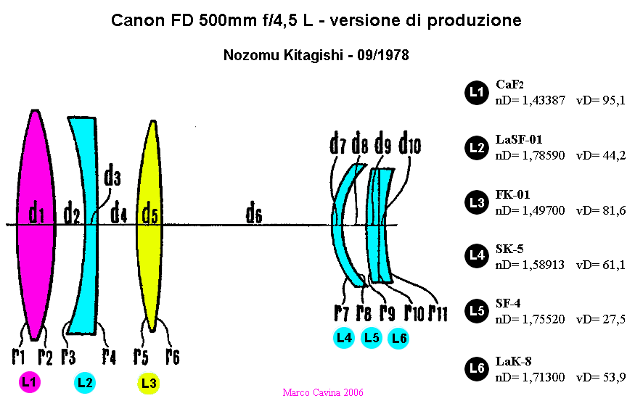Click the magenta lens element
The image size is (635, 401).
point(36,225)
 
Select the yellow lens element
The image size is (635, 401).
point(149,226)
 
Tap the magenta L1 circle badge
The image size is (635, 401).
point(30,381)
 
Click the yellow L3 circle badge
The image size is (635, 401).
point(149,383)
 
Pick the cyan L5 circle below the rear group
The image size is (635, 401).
point(372,337)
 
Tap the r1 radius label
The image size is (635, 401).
point(18,356)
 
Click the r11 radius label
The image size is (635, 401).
point(438,312)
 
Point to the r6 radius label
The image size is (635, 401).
point(173,356)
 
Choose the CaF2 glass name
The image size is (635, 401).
point(509,84)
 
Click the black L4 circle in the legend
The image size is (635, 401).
point(477,256)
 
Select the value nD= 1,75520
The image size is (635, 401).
point(530,319)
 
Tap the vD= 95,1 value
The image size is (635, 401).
point(601,100)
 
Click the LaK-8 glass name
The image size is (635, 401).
point(513,361)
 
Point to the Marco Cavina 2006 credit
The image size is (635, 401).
point(323,392)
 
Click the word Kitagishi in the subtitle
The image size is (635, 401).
point(313,54)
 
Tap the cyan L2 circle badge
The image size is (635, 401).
point(85,382)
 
